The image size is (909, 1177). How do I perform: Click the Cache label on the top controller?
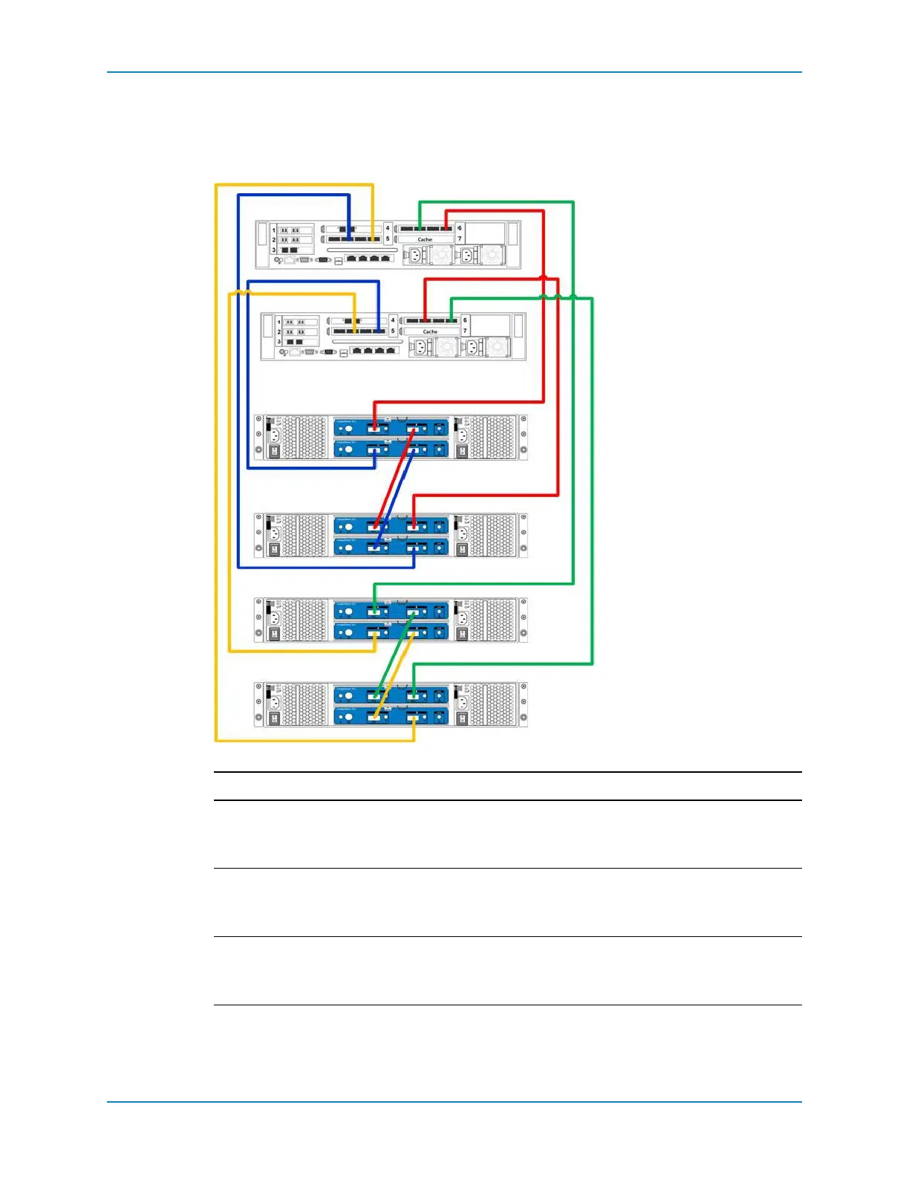click(425, 239)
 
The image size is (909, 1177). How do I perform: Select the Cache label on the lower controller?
click(430, 331)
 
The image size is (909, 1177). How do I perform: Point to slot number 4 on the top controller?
click(387, 228)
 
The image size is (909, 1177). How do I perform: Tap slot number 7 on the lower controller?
click(466, 331)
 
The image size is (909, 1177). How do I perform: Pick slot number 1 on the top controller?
click(273, 230)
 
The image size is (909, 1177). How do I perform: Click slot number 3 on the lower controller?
click(279, 342)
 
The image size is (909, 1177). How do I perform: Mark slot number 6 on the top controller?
click(460, 228)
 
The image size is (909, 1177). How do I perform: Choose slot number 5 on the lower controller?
click(393, 331)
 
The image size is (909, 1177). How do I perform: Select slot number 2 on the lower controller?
click(279, 331)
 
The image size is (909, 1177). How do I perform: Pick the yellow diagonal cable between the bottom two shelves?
click(396, 666)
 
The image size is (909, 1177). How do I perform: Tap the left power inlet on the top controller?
click(414, 256)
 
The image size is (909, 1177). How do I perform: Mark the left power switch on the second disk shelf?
click(273, 550)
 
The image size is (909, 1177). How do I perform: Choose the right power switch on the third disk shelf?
click(462, 634)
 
